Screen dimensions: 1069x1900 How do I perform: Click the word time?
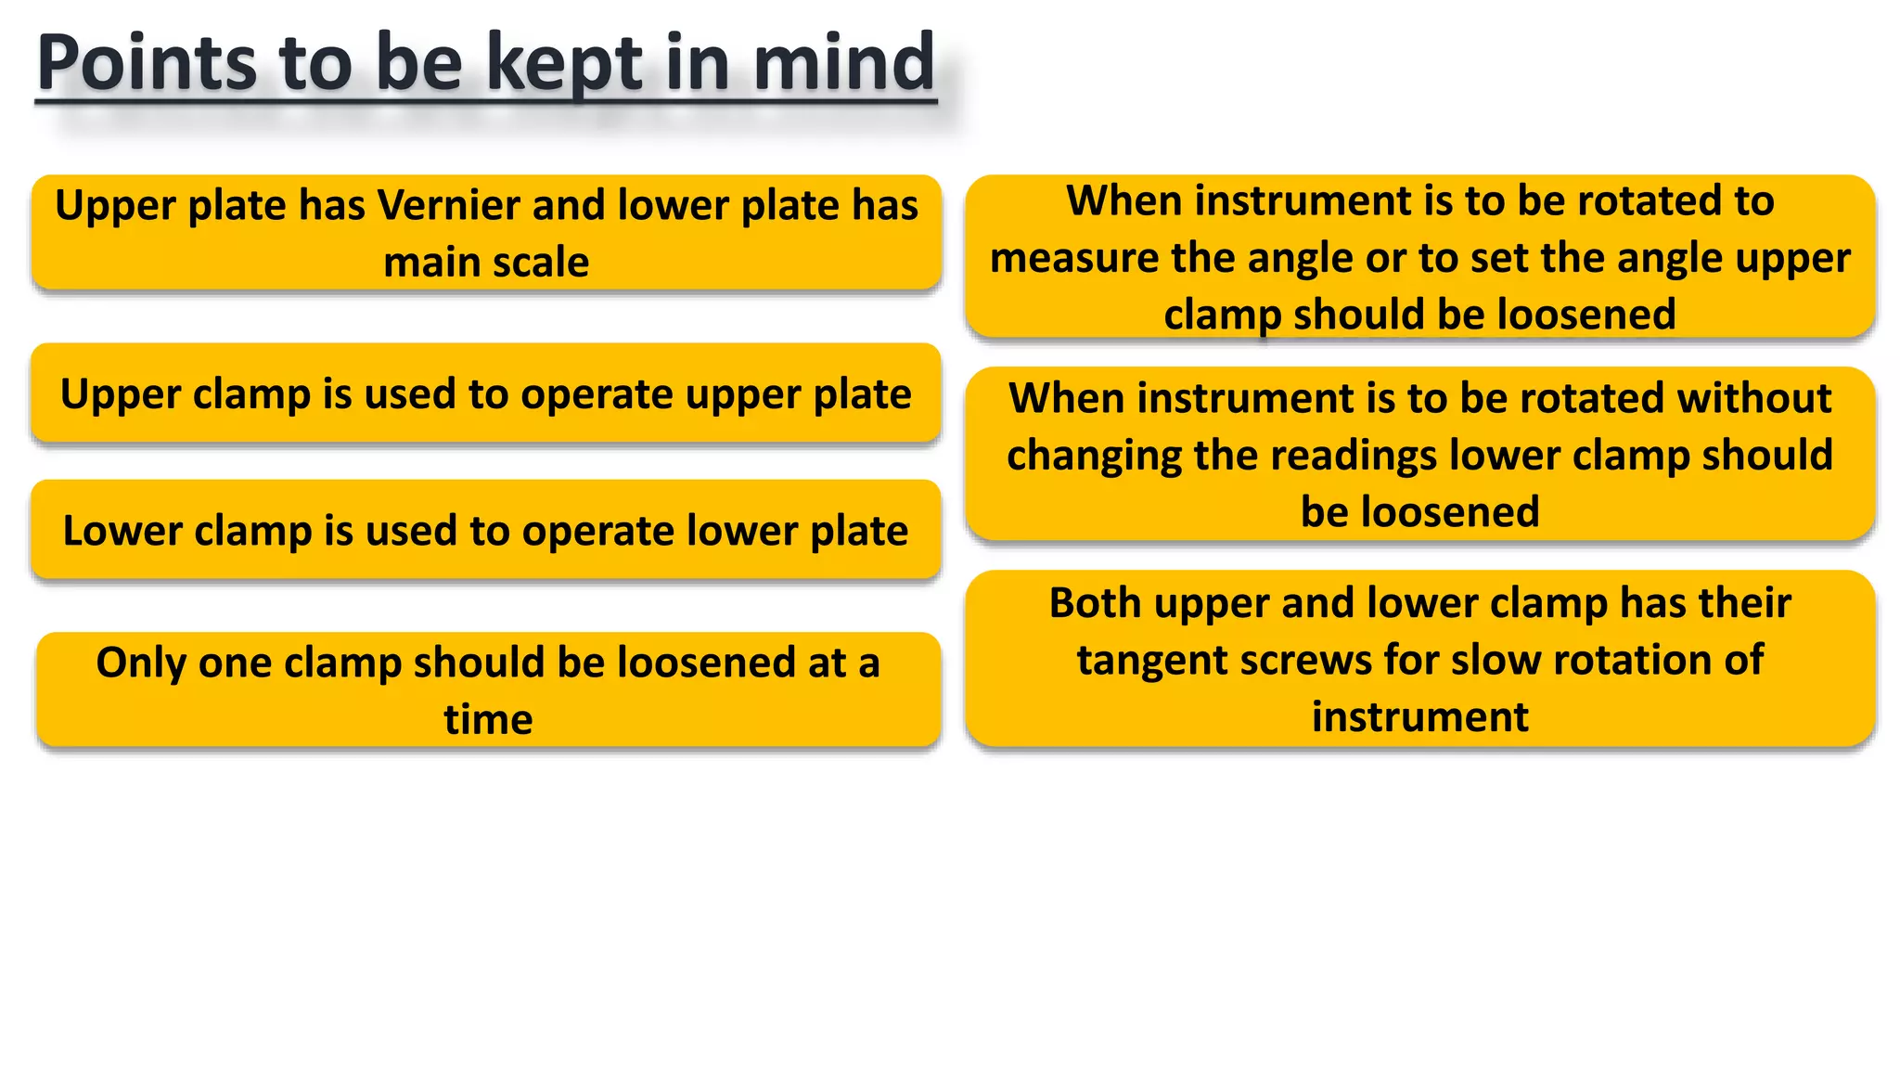coord(488,720)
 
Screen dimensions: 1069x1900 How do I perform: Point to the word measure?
coord(1050,258)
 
